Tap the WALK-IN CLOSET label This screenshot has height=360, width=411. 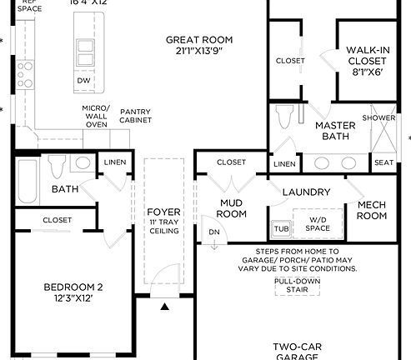click(x=367, y=61)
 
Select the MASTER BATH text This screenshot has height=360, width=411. click(x=335, y=131)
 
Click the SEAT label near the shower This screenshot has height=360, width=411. click(x=383, y=163)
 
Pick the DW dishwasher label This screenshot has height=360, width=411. click(x=83, y=81)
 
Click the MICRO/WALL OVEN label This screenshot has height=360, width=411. click(x=96, y=115)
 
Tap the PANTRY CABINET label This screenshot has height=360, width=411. click(x=136, y=116)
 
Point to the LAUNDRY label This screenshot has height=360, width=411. click(x=307, y=192)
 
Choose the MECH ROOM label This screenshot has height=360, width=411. click(x=372, y=210)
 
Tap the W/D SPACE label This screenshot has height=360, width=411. click(x=318, y=224)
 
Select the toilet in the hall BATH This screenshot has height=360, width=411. click(x=57, y=167)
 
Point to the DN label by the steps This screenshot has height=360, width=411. click(x=213, y=232)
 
